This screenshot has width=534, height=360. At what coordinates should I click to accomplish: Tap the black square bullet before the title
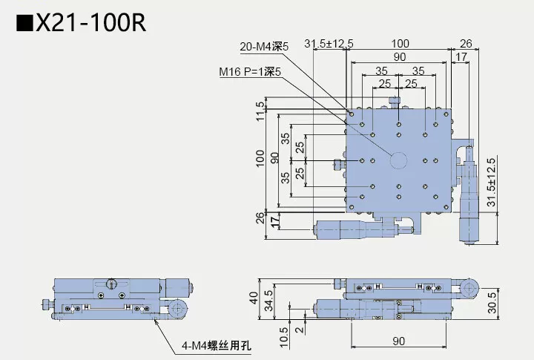tap(24, 24)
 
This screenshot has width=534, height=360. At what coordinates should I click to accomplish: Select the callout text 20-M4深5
tap(264, 47)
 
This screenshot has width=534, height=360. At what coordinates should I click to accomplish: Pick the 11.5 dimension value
tap(260, 111)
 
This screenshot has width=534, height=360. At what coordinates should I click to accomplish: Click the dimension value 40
tap(254, 299)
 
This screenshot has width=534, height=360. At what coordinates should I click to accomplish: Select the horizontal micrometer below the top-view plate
tap(356, 230)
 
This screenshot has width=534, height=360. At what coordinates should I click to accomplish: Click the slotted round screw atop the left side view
tap(112, 283)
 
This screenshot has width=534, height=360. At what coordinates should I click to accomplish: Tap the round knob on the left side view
tap(177, 309)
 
